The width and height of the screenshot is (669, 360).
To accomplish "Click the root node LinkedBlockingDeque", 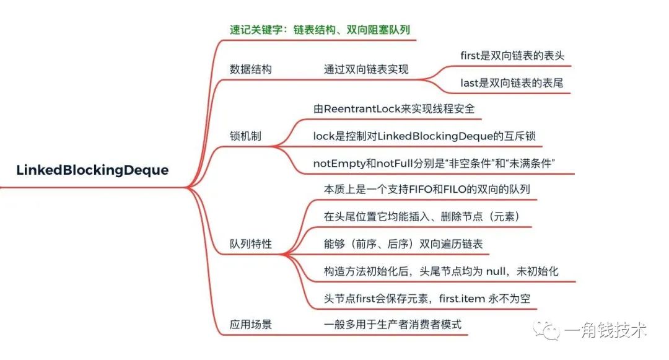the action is [x=92, y=170].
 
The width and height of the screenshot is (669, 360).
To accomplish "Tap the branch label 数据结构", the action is [x=250, y=69].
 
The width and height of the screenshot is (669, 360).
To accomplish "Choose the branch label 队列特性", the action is [x=250, y=244].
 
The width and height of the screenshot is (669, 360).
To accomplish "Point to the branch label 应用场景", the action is [x=250, y=323].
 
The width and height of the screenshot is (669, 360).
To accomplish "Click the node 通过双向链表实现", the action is [x=366, y=69].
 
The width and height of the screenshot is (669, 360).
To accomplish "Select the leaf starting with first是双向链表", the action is [x=512, y=56].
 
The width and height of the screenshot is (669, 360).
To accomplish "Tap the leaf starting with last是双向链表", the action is [x=512, y=82].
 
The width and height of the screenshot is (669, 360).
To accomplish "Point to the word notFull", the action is [x=395, y=163].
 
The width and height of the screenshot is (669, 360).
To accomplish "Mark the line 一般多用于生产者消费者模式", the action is [x=393, y=323].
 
